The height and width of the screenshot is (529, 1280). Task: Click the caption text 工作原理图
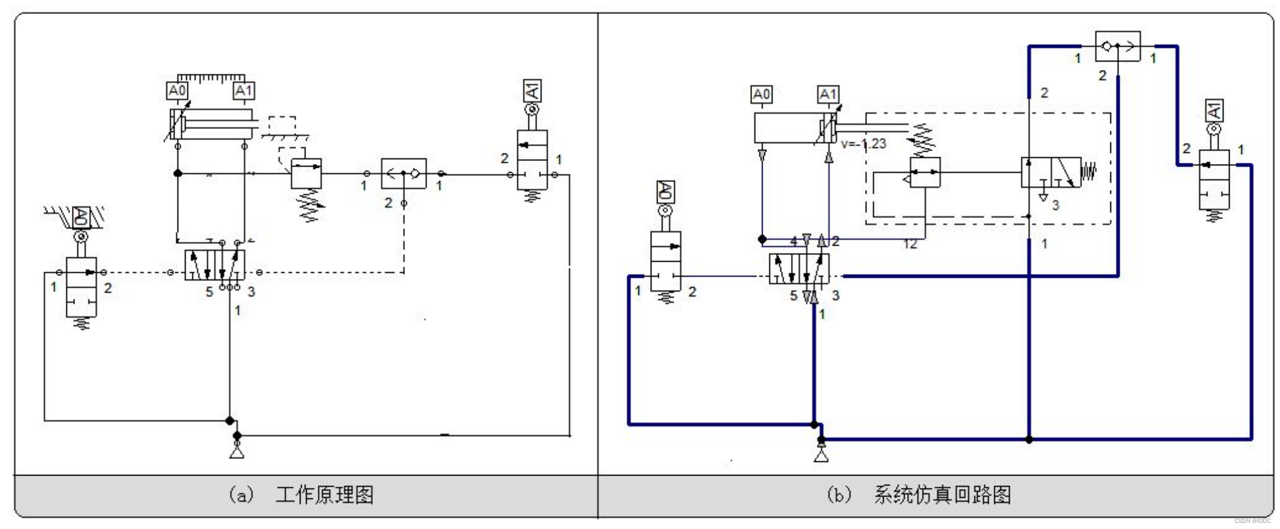pos(324,495)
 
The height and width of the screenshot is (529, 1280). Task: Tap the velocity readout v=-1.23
pos(864,144)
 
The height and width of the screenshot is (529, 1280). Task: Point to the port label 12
pos(910,245)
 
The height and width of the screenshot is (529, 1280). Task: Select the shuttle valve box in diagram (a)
pos(403,173)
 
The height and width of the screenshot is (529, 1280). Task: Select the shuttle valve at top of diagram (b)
pos(1117,46)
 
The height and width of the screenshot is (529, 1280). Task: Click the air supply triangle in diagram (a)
pos(237,453)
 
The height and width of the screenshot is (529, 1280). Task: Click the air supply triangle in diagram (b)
pos(821,456)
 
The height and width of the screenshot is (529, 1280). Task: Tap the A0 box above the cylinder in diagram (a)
pos(177,91)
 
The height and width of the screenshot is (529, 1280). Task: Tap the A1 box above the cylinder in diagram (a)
pos(243,91)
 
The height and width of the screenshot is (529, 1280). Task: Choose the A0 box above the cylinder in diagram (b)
pos(761,95)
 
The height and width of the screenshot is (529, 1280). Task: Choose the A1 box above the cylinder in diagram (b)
pos(828,95)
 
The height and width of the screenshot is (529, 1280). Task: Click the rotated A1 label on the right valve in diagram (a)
pos(532,92)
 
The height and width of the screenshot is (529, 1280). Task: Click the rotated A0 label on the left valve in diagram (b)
pos(665,192)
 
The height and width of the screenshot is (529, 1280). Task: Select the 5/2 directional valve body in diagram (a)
pos(214,265)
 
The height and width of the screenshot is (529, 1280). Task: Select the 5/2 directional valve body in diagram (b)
pos(799,269)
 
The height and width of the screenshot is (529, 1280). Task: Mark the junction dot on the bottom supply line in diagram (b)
pos(1029,439)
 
